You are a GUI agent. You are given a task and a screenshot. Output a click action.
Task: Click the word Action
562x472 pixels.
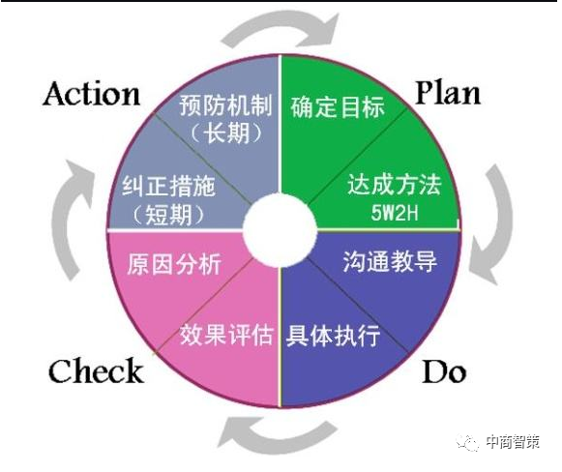(91, 94)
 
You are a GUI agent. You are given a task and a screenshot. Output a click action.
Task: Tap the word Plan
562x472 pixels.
(448, 93)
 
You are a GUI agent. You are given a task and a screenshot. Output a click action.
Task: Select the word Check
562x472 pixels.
(96, 370)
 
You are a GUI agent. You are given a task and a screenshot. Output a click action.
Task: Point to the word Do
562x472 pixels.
(444, 371)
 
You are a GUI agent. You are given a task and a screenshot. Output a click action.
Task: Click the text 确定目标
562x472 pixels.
(338, 106)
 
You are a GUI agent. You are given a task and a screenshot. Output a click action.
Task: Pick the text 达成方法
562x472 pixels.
(394, 185)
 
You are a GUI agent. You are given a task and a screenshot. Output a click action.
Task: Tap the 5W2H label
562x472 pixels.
(395, 212)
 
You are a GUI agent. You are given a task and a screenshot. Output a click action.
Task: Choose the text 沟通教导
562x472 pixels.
(390, 261)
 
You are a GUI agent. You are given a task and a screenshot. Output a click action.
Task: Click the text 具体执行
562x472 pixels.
(333, 335)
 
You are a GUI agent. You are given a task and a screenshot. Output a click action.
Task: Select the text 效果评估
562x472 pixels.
(226, 335)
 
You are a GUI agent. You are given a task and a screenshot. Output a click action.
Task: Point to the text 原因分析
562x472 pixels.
(174, 264)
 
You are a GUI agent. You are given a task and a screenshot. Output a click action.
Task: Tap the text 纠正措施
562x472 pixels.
(168, 186)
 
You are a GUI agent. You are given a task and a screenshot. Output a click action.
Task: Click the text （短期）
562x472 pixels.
(168, 215)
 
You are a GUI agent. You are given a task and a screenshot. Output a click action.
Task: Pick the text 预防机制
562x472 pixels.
(225, 105)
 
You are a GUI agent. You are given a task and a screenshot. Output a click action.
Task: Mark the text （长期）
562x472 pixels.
(226, 133)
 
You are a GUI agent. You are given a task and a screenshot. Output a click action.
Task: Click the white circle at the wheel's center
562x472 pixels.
(280, 230)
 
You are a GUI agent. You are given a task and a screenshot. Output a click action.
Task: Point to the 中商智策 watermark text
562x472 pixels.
(513, 442)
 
